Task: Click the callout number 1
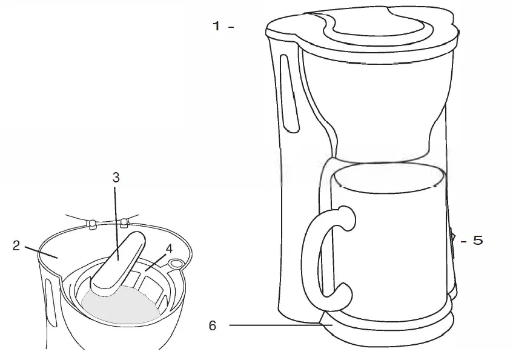pos(216,26)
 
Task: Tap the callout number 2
pos(16,245)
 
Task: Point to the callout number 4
pos(169,248)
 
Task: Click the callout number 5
pos(477,241)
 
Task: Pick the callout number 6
pos(213,325)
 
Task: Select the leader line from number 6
pos(273,325)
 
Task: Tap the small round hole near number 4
pos(176,264)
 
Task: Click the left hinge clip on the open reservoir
pos(92,225)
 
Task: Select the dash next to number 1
pos(231,27)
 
